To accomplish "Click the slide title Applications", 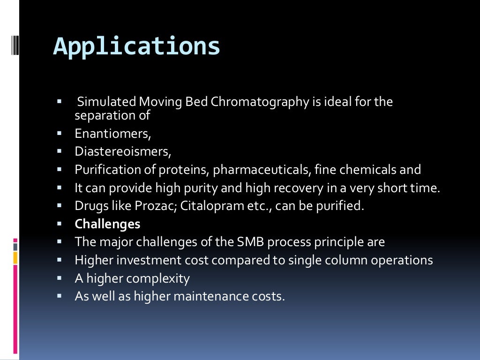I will (136, 46).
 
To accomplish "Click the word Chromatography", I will (260, 102).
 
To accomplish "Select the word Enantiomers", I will (112, 134).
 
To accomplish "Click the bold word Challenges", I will (107, 224).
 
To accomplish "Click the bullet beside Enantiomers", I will (60, 133).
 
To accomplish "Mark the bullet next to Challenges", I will (60, 224).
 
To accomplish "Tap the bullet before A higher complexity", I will (60, 278).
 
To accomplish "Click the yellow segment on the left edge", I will (15, 257).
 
